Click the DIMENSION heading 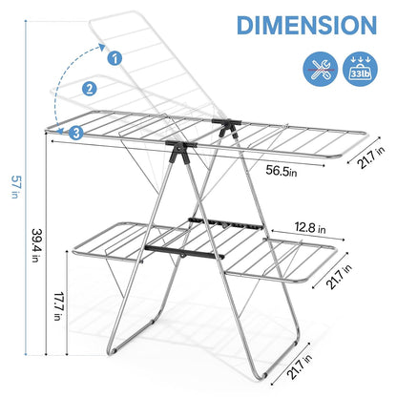click(x=306, y=25)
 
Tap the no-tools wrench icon click(x=321, y=69)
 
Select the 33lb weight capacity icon click(x=361, y=69)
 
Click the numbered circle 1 click(x=115, y=58)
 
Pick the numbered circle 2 click(x=90, y=89)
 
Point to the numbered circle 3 click(x=76, y=133)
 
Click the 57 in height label click(x=14, y=187)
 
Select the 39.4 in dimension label click(x=36, y=245)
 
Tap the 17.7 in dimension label click(x=58, y=306)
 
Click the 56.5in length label click(x=282, y=171)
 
